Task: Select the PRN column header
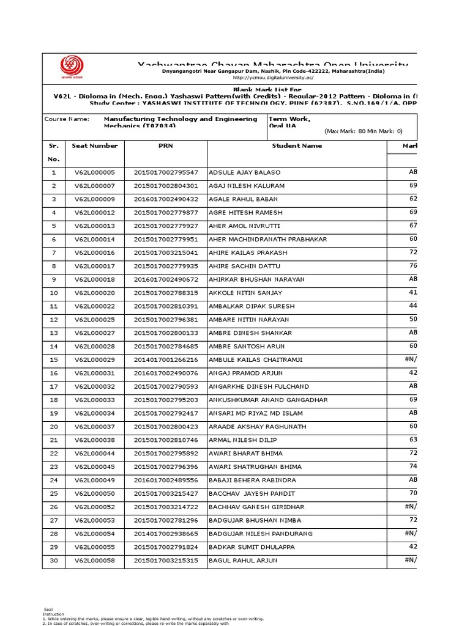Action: click(165, 146)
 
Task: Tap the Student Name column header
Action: click(297, 146)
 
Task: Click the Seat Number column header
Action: click(94, 146)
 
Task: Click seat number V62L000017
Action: click(94, 266)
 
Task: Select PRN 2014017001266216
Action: click(166, 360)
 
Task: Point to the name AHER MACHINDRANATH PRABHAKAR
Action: click(261, 239)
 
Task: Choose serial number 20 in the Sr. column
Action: click(53, 427)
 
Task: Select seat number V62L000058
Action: click(94, 561)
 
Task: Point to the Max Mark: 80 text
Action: click(346, 131)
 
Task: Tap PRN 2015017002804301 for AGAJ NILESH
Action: click(166, 186)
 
